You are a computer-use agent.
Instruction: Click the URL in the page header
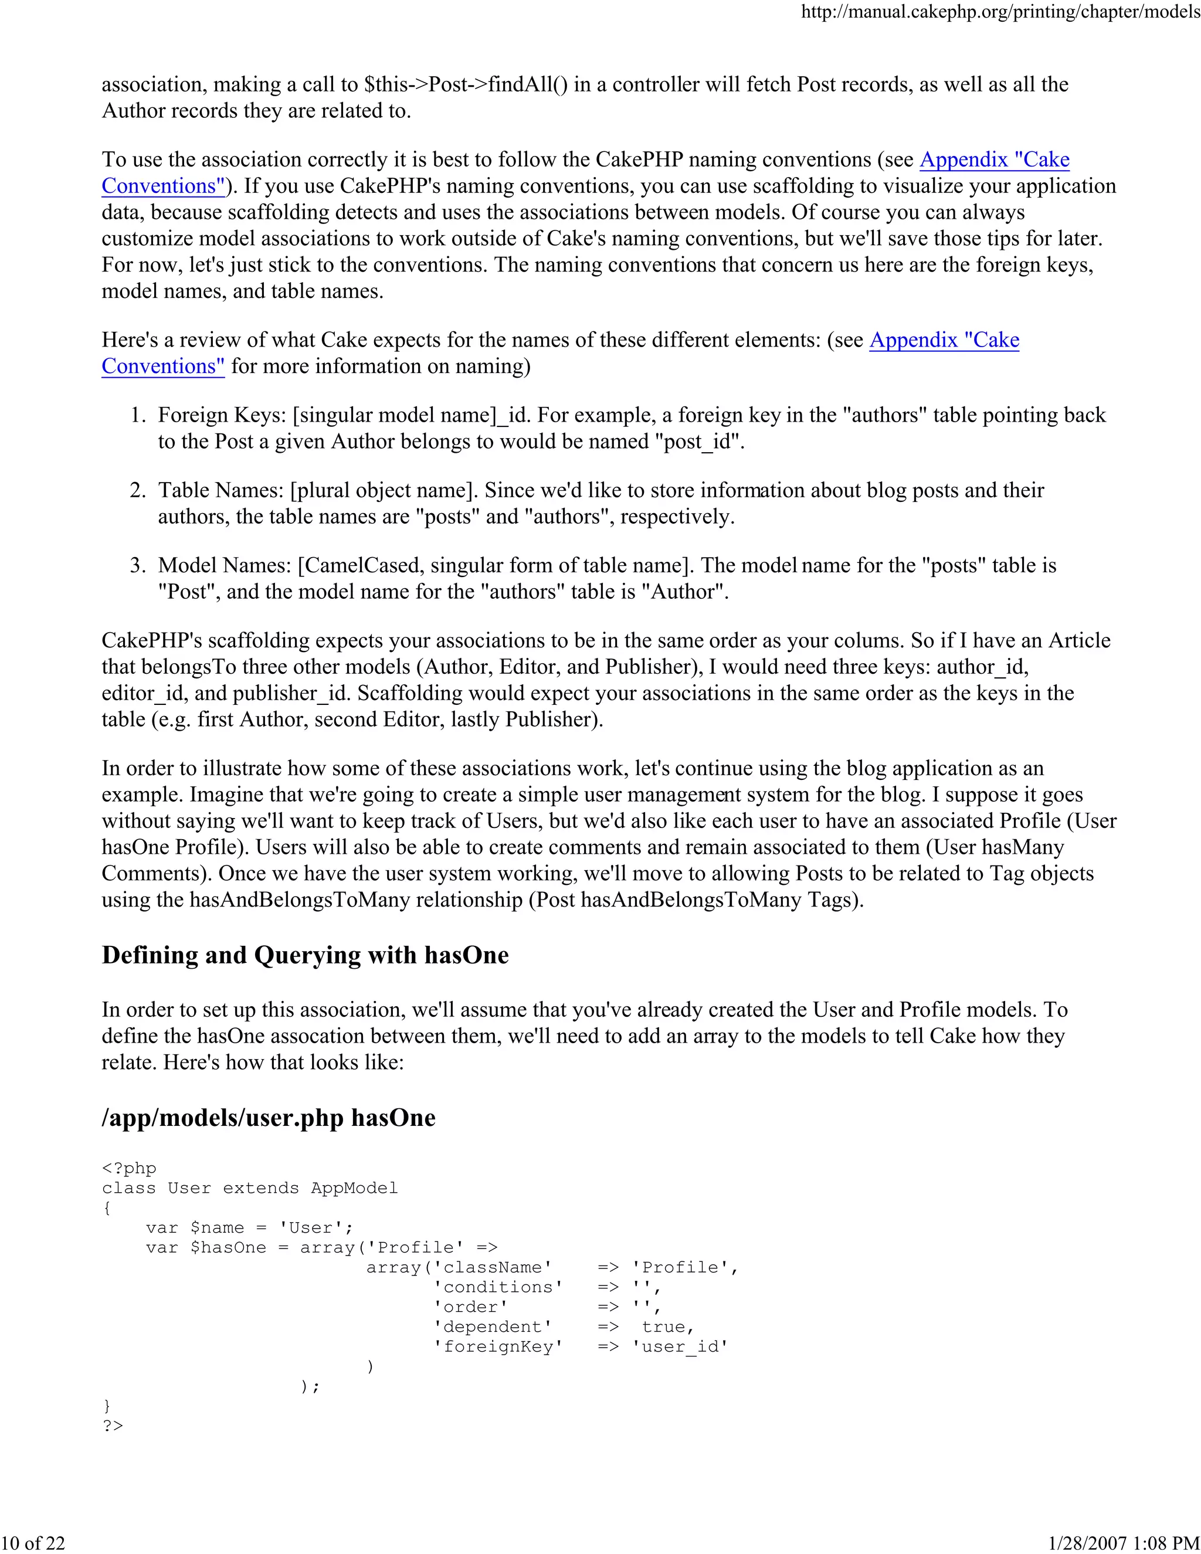click(1000, 12)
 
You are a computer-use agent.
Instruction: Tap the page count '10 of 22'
click(33, 1543)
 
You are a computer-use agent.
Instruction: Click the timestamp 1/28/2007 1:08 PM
click(1124, 1543)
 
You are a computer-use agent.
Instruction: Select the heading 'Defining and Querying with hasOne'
click(305, 955)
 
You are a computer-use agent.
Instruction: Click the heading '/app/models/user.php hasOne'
click(268, 1117)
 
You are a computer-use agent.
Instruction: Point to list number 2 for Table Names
click(137, 490)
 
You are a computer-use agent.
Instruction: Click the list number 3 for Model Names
click(137, 565)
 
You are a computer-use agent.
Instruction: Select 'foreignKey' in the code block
click(498, 1347)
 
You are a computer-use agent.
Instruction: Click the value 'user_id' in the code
click(680, 1347)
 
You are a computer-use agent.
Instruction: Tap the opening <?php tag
click(129, 1168)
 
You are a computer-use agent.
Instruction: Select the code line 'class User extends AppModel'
click(250, 1188)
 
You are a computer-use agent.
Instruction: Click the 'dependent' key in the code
click(493, 1327)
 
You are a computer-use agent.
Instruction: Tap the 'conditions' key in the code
click(498, 1287)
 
